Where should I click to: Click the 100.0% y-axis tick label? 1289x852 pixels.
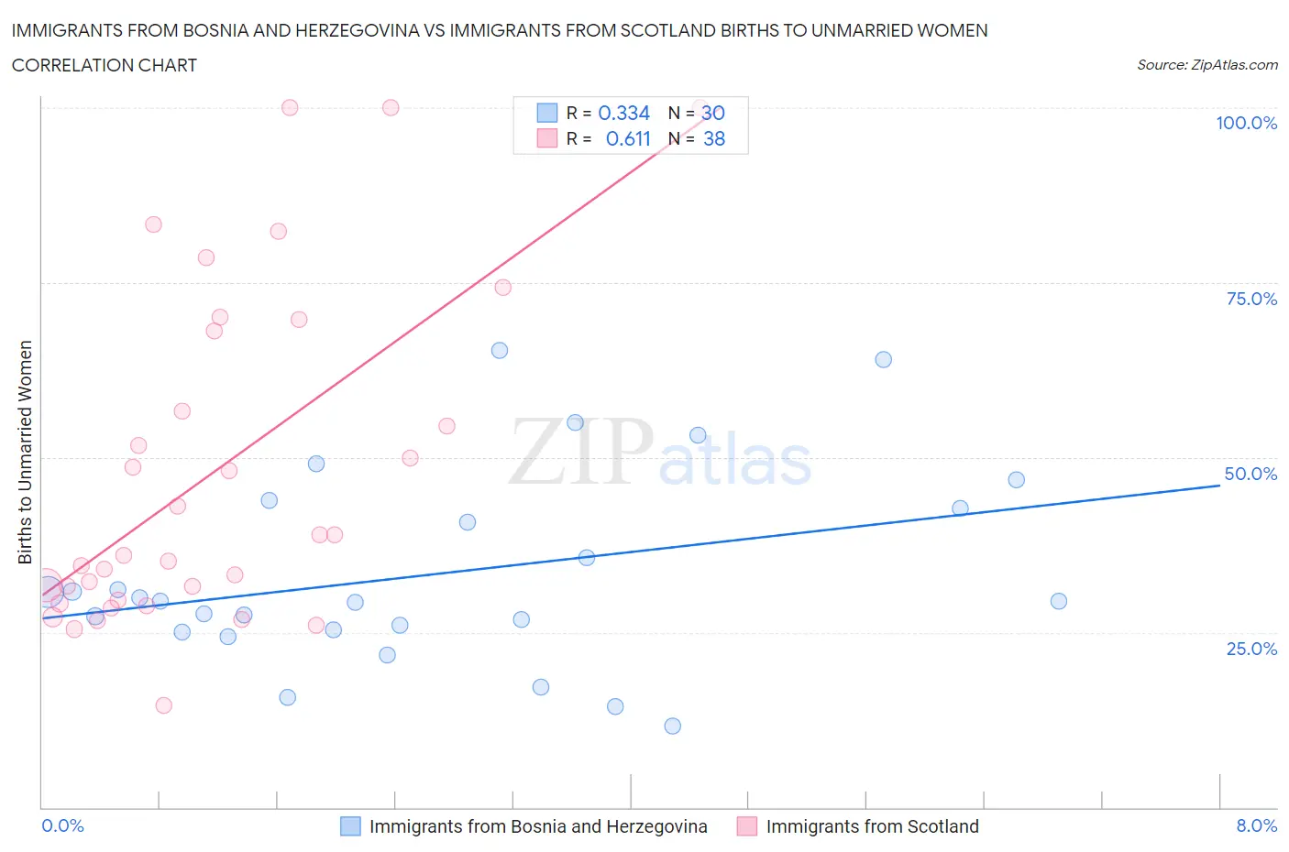(1246, 123)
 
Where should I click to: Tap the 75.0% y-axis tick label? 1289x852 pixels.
(1251, 299)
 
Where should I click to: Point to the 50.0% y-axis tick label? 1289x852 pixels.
(1250, 474)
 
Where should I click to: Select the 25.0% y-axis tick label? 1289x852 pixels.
(1251, 649)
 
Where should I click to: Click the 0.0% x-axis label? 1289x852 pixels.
(62, 825)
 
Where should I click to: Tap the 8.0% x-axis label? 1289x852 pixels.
(1256, 825)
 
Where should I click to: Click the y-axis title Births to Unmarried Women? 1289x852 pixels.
(25, 452)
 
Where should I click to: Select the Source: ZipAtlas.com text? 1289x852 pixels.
(1206, 65)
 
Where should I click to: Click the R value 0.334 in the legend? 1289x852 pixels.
(623, 113)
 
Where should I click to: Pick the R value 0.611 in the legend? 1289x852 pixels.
(628, 138)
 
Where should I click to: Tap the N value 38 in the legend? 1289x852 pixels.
(713, 138)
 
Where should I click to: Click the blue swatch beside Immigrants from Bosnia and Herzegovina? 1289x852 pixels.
(350, 826)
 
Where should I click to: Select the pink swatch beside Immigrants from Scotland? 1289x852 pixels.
(747, 826)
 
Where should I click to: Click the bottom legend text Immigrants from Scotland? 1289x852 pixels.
(872, 826)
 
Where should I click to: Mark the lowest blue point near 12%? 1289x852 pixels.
(672, 726)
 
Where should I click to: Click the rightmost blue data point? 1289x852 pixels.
(1058, 601)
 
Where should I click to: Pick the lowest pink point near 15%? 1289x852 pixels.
(163, 705)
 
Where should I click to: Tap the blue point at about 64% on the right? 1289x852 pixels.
(883, 359)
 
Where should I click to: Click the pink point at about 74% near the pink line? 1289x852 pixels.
(502, 287)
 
